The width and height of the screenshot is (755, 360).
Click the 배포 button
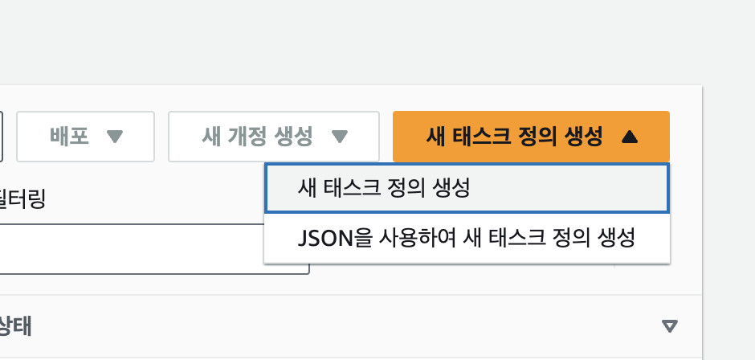[85, 137]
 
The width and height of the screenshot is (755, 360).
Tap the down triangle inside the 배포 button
[114, 137]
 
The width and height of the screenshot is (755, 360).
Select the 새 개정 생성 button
[273, 137]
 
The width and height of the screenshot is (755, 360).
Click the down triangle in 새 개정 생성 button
[340, 137]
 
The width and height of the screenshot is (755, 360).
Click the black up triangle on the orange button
[630, 137]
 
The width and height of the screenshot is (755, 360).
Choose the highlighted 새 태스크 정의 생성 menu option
[466, 189]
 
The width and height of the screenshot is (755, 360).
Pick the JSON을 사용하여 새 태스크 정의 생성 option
[466, 239]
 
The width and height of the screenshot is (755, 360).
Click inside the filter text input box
[153, 249]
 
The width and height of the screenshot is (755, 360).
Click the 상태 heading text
[16, 326]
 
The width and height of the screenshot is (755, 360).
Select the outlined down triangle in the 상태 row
[669, 326]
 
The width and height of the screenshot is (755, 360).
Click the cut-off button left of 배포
[2, 137]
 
